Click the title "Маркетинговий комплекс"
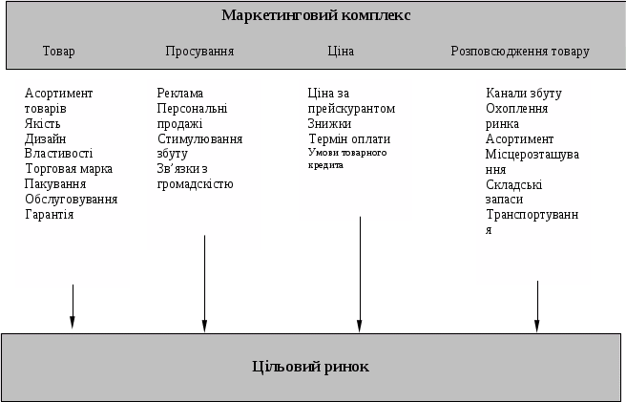pos(315,15)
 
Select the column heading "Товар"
pos(58,51)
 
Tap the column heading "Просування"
pos(199,51)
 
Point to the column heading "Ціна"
pos(340,51)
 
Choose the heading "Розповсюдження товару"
pos(520,51)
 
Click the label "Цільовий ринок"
pos(310,367)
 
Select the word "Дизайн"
pos(45,138)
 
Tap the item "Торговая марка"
pos(69,169)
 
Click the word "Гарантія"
pos(50,215)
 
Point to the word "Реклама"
pos(180,93)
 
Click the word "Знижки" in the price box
pos(329,123)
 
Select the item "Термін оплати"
pos(347,138)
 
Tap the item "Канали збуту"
pos(523,93)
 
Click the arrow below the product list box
pos(73,307)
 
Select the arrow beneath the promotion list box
pos(204,290)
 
